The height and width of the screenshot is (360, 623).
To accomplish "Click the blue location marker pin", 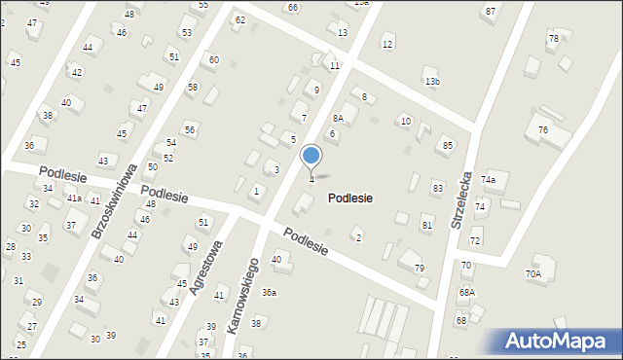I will coord(311,156).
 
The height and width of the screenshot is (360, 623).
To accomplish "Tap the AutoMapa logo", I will coord(559,341).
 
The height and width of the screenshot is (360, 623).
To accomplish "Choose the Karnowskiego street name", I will coord(242,296).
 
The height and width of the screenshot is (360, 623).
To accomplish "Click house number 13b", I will coord(431,82).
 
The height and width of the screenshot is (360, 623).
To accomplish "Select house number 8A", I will coord(338,117).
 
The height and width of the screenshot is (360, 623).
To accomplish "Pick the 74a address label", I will coord(488,180).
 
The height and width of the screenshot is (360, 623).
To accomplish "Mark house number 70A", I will coord(533,274).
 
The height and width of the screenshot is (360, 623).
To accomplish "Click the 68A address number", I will coord(467,292).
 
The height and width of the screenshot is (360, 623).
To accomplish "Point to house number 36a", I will coord(269,292).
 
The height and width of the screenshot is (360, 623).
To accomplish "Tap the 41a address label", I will coord(74,198).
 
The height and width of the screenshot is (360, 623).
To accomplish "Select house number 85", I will coord(447,146).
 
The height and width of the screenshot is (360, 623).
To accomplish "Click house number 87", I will coord(490,11).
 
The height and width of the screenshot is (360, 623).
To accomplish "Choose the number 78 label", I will coord(553,39).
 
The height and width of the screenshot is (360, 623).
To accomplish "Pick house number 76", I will coord(542,130).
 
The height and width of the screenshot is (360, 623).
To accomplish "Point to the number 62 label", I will coord(240,19).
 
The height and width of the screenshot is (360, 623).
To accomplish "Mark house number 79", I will coord(420,268).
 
